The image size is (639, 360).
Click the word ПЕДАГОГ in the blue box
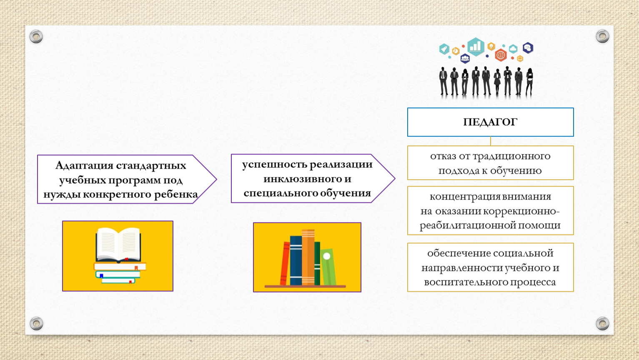coord(490,122)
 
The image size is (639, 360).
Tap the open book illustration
coord(118,245)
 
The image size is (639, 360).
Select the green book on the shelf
coord(317,263)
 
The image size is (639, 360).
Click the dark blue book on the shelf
coord(296,260)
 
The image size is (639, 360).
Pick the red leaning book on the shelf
coord(285,263)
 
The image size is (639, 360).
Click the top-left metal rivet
coord(36,37)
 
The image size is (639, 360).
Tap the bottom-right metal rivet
coord(602,323)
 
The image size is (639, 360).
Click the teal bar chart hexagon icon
coord(476,47)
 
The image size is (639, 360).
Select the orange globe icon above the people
coord(501,55)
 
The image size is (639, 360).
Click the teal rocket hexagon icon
coord(444,49)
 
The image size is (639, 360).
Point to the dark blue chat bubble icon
coord(528,48)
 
